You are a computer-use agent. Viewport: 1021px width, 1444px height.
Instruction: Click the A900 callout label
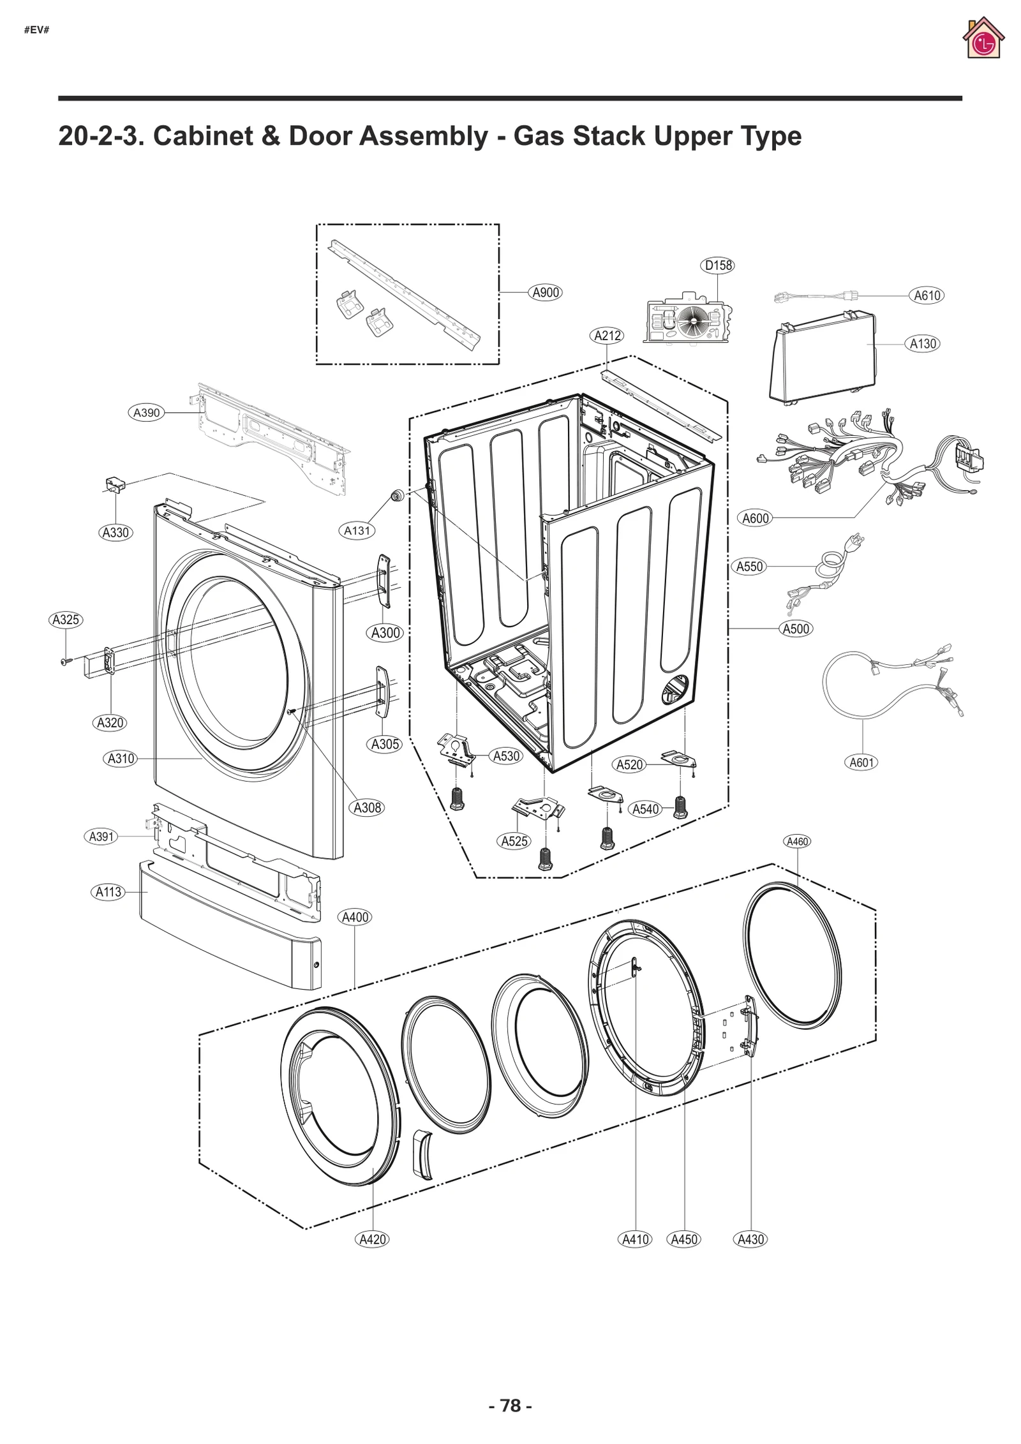pyautogui.click(x=546, y=292)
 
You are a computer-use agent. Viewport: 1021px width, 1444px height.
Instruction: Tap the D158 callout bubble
pyautogui.click(x=718, y=265)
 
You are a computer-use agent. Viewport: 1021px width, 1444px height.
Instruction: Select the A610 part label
pyautogui.click(x=927, y=295)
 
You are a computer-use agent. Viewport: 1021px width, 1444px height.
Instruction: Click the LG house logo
pyautogui.click(x=983, y=39)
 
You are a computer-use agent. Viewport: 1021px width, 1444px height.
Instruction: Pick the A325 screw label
pyautogui.click(x=66, y=620)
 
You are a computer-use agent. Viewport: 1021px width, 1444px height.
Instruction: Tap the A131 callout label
pyautogui.click(x=357, y=530)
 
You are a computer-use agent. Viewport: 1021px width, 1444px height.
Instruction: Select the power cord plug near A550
pyautogui.click(x=855, y=543)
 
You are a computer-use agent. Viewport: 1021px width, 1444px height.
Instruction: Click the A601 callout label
pyautogui.click(x=861, y=763)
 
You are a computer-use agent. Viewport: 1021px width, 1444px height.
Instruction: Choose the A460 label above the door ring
pyautogui.click(x=798, y=841)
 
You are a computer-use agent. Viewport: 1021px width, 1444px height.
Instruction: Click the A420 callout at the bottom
pyautogui.click(x=373, y=1239)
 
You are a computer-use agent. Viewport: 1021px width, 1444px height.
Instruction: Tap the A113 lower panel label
pyautogui.click(x=108, y=892)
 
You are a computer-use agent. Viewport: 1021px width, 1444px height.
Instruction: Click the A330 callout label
pyautogui.click(x=116, y=532)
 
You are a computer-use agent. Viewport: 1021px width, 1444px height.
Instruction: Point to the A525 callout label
pyautogui.click(x=514, y=841)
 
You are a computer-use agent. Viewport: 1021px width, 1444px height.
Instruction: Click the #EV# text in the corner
pyautogui.click(x=36, y=30)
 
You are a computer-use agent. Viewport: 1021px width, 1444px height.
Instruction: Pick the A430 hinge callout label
pyautogui.click(x=750, y=1239)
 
